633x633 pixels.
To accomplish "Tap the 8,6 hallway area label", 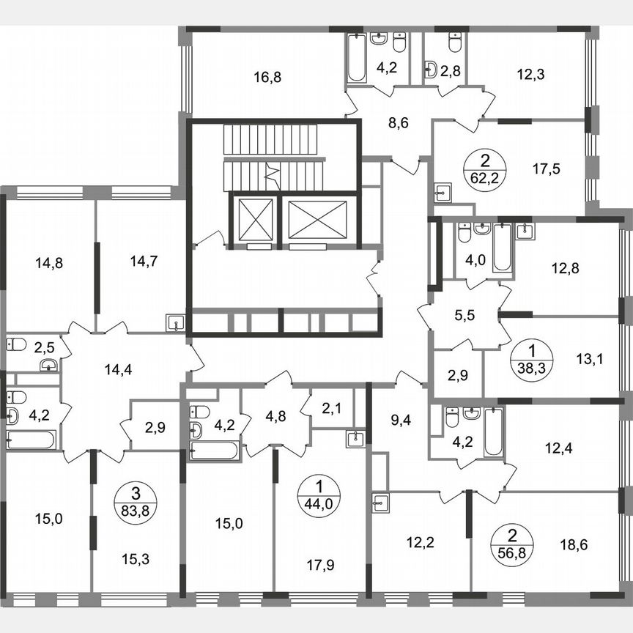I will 398,122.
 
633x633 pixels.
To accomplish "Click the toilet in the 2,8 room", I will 455,42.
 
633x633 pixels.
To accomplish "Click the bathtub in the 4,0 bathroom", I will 502,247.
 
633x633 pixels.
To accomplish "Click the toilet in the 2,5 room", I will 18,344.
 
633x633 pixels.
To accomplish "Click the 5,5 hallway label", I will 463,317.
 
